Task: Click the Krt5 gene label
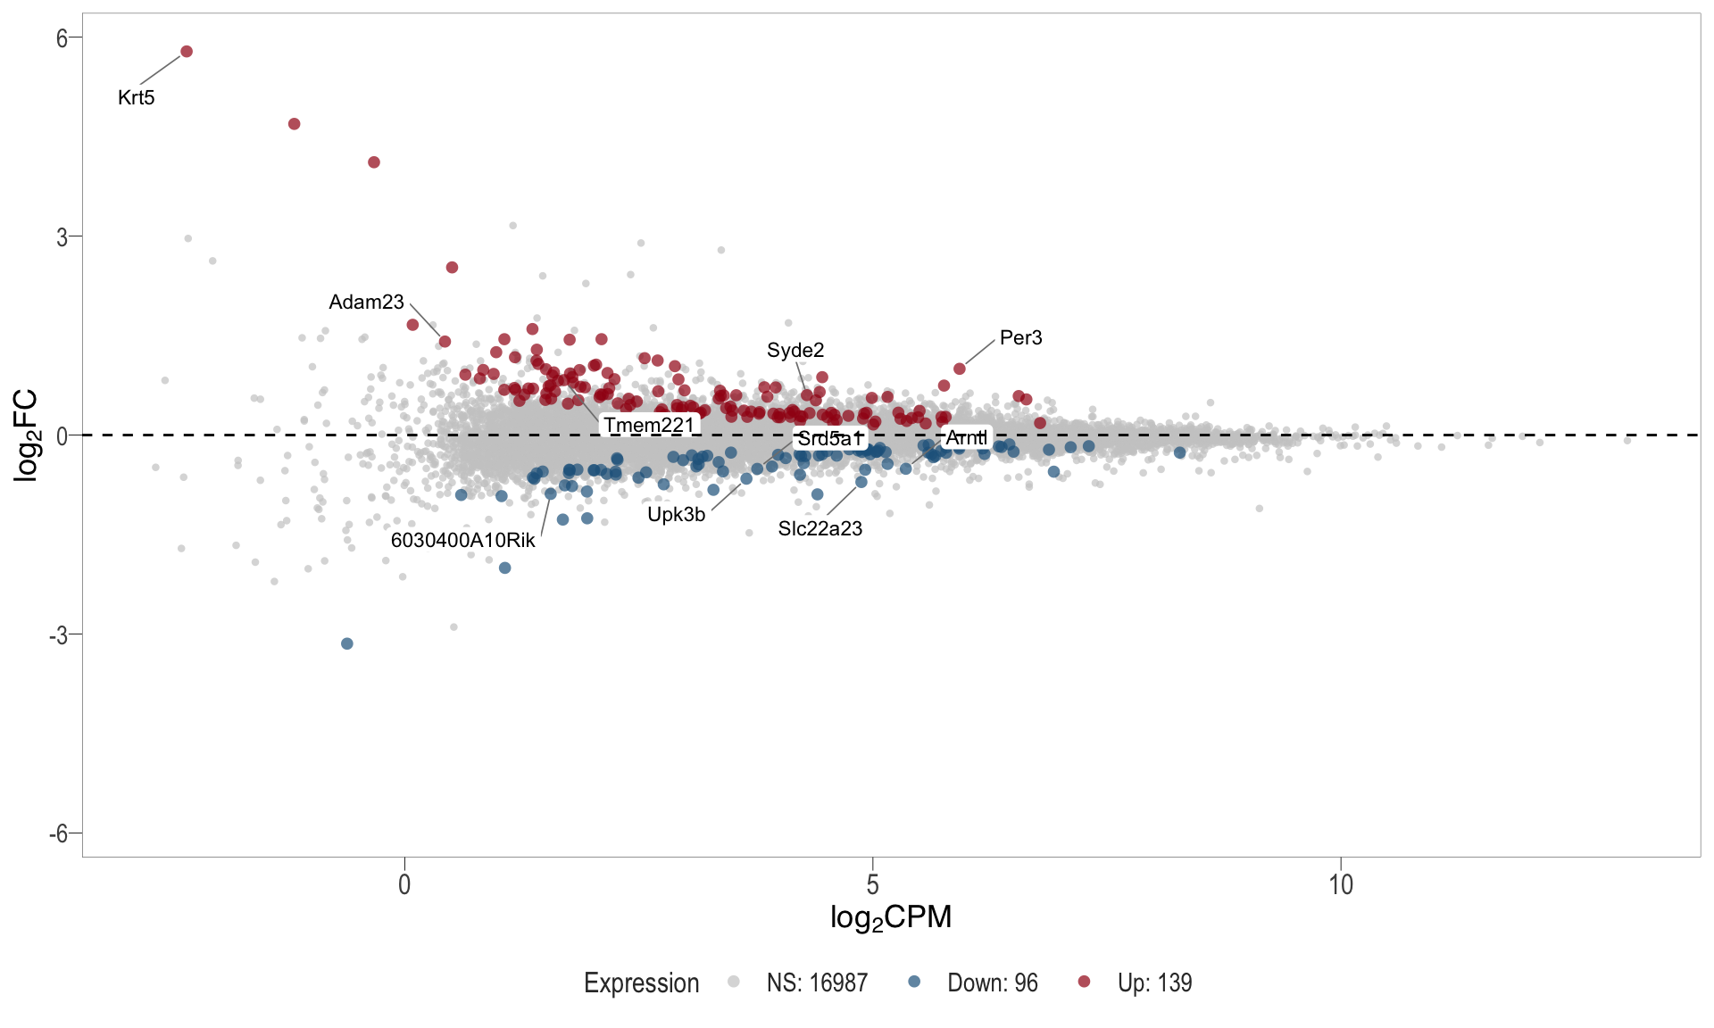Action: click(137, 98)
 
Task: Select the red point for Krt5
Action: click(187, 52)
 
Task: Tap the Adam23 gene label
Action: click(366, 303)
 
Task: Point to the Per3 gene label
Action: click(1020, 338)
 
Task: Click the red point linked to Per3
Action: click(960, 369)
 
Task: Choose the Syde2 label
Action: click(795, 351)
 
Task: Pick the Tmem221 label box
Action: click(649, 425)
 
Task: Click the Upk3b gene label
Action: click(676, 515)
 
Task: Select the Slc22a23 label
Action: click(820, 529)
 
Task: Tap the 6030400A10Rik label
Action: click(462, 541)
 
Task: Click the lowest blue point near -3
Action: click(347, 643)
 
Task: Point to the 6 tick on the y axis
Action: click(62, 37)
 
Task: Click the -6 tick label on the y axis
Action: click(59, 833)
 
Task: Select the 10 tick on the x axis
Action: click(1341, 885)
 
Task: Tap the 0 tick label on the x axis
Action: click(405, 885)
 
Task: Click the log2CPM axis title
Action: click(891, 917)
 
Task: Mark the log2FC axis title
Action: click(27, 435)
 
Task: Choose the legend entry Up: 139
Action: click(1153, 983)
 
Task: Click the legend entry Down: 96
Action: click(992, 983)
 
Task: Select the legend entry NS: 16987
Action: click(816, 983)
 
